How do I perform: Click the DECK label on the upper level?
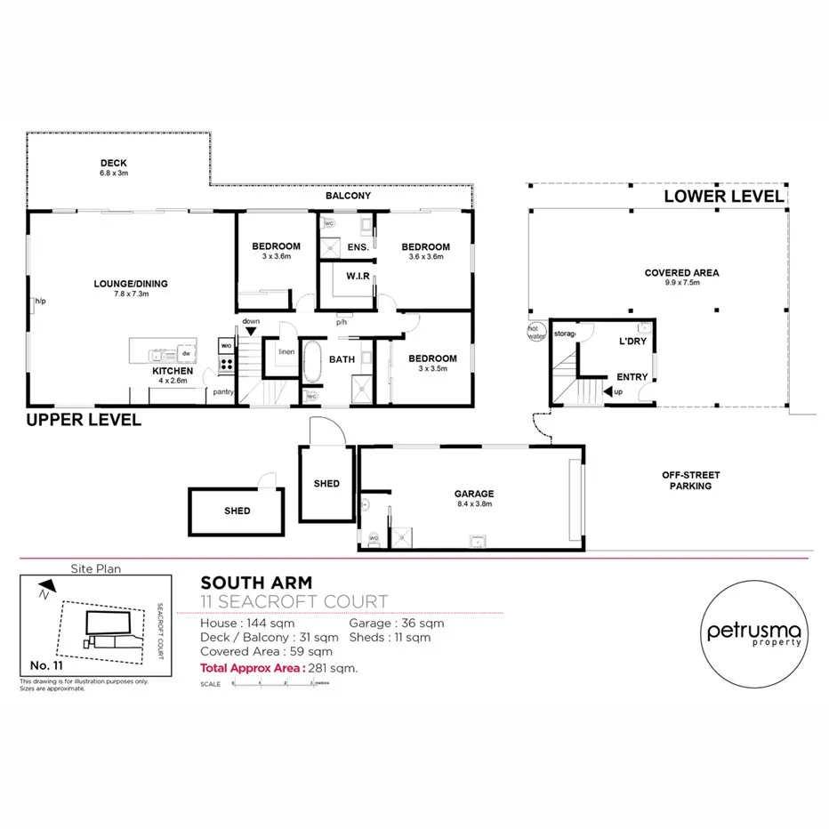[x=113, y=163]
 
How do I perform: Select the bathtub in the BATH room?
[x=311, y=365]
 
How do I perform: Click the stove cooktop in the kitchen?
[x=226, y=363]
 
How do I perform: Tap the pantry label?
[x=221, y=391]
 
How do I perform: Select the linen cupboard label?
[x=286, y=352]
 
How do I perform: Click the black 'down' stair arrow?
[x=251, y=330]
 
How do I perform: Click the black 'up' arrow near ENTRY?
[x=608, y=391]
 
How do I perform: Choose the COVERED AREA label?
[x=682, y=273]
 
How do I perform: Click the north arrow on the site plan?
[x=47, y=585]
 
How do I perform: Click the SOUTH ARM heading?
[x=243, y=583]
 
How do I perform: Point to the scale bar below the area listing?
[x=273, y=684]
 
